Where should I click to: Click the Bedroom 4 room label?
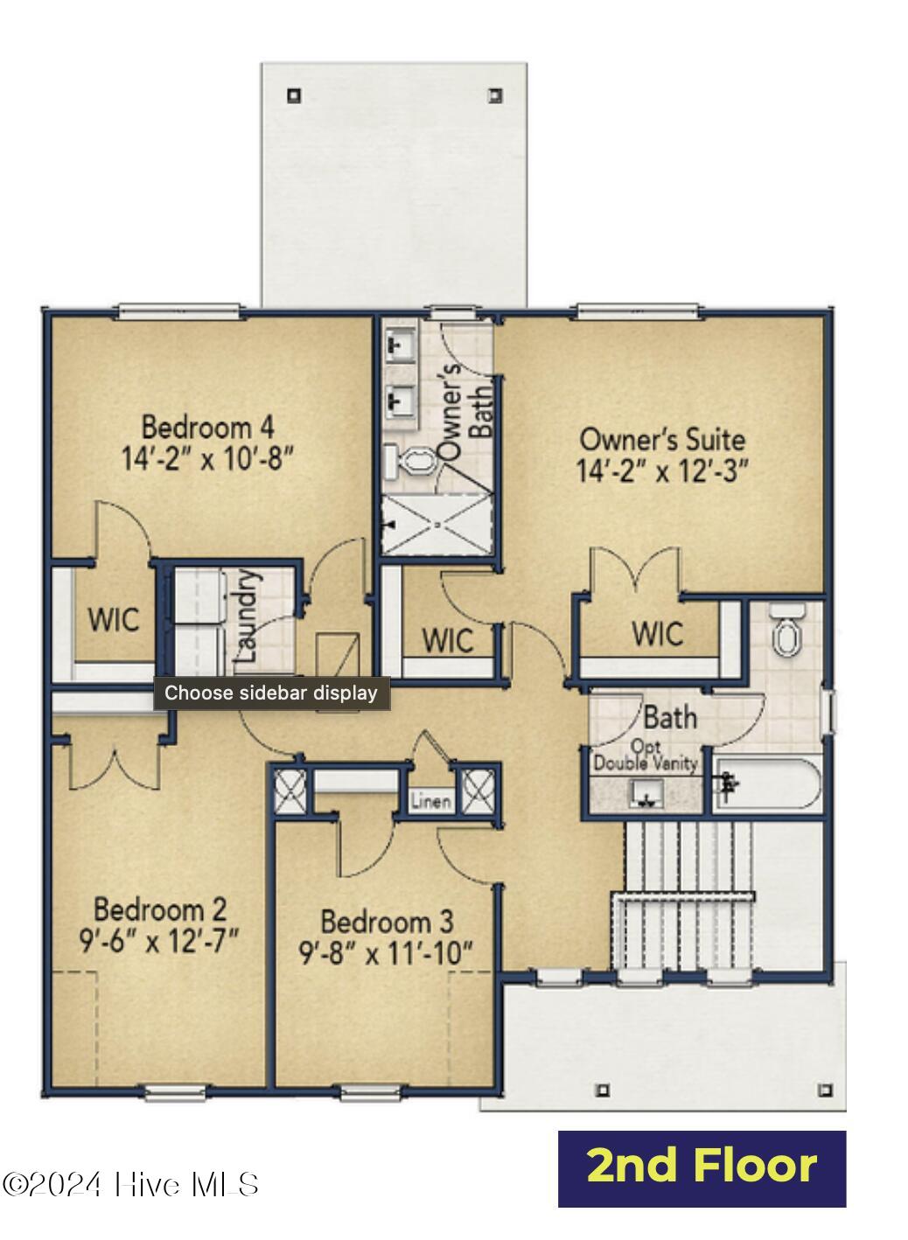point(207,428)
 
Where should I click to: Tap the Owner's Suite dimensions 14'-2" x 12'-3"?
point(662,471)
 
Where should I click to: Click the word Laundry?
point(248,616)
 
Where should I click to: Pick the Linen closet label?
point(431,801)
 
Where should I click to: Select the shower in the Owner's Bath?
point(436,524)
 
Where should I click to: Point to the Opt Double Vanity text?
point(646,756)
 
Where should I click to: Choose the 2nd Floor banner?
point(702,1168)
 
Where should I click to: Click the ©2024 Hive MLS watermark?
point(131,1185)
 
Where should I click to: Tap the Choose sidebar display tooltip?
point(271,693)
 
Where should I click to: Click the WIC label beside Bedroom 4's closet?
point(113,620)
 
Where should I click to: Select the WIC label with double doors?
point(657,633)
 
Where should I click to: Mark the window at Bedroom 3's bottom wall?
point(367,1091)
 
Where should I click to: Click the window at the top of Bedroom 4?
point(179,310)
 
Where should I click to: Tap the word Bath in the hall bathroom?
point(670,718)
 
